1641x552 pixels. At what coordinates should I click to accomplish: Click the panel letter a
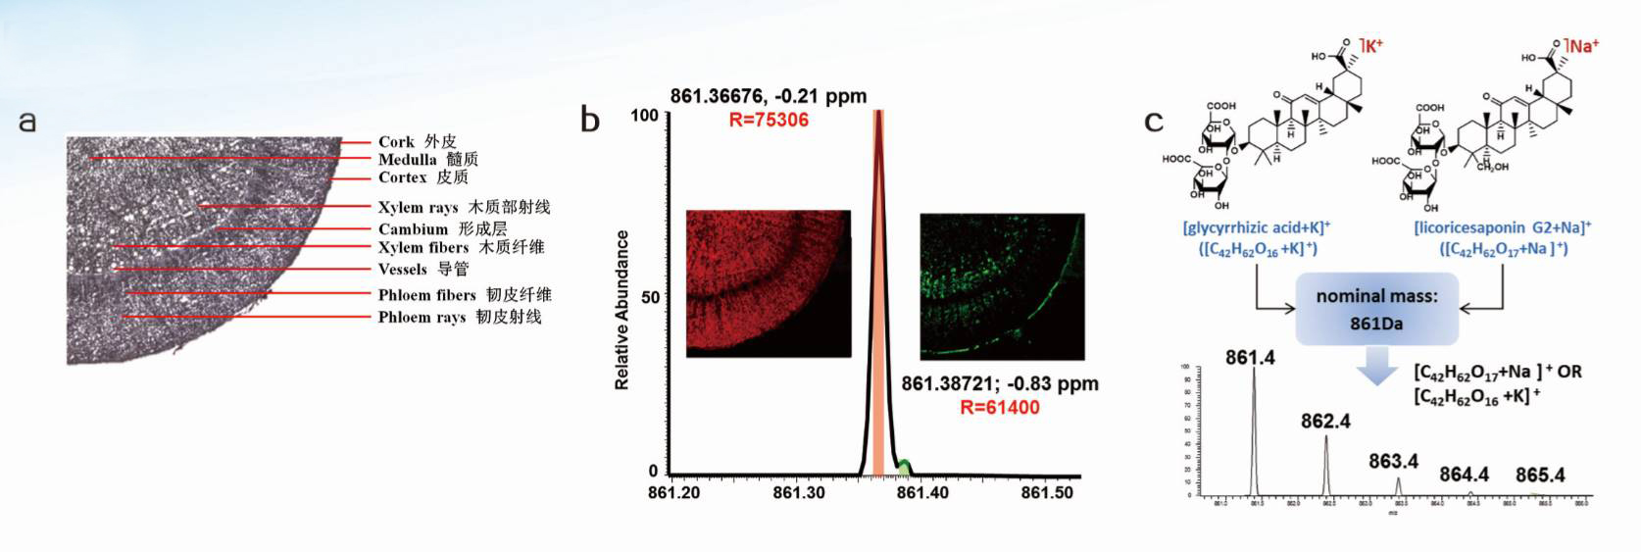pyautogui.click(x=27, y=122)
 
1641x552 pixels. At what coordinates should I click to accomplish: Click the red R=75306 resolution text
pyautogui.click(x=768, y=120)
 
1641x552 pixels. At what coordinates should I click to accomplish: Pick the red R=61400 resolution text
pyautogui.click(x=999, y=407)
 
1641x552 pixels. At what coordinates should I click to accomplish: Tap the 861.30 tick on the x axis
pyautogui.click(x=798, y=492)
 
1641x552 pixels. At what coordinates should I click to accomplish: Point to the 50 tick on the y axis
pyautogui.click(x=650, y=296)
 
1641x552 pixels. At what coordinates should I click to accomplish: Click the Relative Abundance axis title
pyautogui.click(x=622, y=310)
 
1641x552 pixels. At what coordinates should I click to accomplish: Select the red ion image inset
pyautogui.click(x=768, y=283)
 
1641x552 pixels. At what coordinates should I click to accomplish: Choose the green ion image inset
pyautogui.click(x=1001, y=286)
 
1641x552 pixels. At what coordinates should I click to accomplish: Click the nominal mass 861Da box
pyautogui.click(x=1376, y=309)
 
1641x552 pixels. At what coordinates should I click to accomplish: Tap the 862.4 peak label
pyautogui.click(x=1325, y=421)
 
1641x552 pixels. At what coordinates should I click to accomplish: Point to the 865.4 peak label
pyautogui.click(x=1539, y=476)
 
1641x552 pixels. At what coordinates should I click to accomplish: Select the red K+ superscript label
pyautogui.click(x=1373, y=44)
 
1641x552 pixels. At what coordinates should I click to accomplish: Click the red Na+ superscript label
pyautogui.click(x=1583, y=45)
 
